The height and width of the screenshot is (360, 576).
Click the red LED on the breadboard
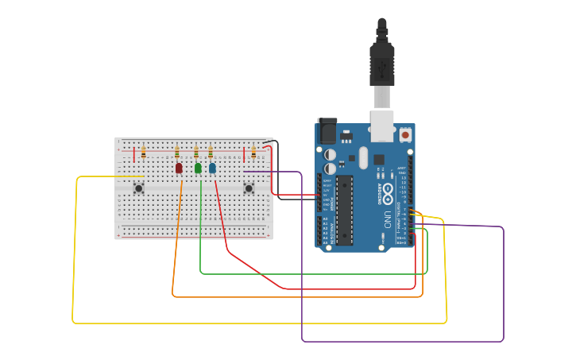pyautogui.click(x=179, y=168)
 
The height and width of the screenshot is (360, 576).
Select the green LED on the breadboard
pyautogui.click(x=198, y=168)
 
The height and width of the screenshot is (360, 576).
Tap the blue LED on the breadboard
pyautogui.click(x=212, y=168)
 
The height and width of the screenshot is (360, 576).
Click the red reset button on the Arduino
pyautogui.click(x=406, y=135)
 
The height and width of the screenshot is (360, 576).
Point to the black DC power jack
pyautogui.click(x=327, y=131)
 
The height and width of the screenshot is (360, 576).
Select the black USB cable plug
pyautogui.click(x=381, y=64)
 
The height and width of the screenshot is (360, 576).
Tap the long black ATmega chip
pyautogui.click(x=344, y=210)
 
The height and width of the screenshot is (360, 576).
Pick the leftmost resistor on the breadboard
pyautogui.click(x=143, y=152)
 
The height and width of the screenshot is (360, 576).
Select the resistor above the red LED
pyautogui.click(x=177, y=152)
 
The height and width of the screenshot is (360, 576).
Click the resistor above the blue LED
pyautogui.click(x=211, y=152)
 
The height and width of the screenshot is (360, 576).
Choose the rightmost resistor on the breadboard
pyautogui.click(x=253, y=152)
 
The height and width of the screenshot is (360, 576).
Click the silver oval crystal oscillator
pyautogui.click(x=363, y=157)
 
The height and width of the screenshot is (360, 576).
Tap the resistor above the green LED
pyautogui.click(x=196, y=152)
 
